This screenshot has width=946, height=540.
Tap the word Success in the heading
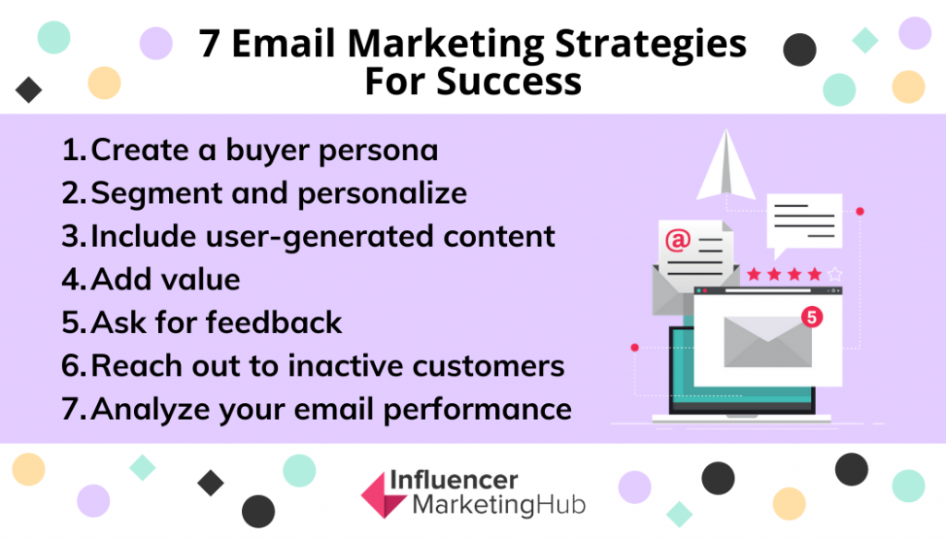point(509,81)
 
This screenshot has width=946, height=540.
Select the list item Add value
point(151,279)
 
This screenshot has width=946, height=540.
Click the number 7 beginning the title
point(209,43)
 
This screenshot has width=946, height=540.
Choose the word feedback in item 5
point(273,322)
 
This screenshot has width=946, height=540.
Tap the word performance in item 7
point(478,411)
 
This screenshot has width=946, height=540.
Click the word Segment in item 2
point(156,194)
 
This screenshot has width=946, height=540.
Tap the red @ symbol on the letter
point(677,240)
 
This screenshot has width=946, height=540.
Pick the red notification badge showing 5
point(812,316)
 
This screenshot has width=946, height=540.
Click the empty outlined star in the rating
point(835,275)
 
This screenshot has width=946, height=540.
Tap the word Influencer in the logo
point(454,481)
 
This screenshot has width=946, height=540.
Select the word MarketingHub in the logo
point(499,505)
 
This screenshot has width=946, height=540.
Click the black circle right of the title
point(800,50)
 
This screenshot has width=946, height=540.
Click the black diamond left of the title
point(29,90)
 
